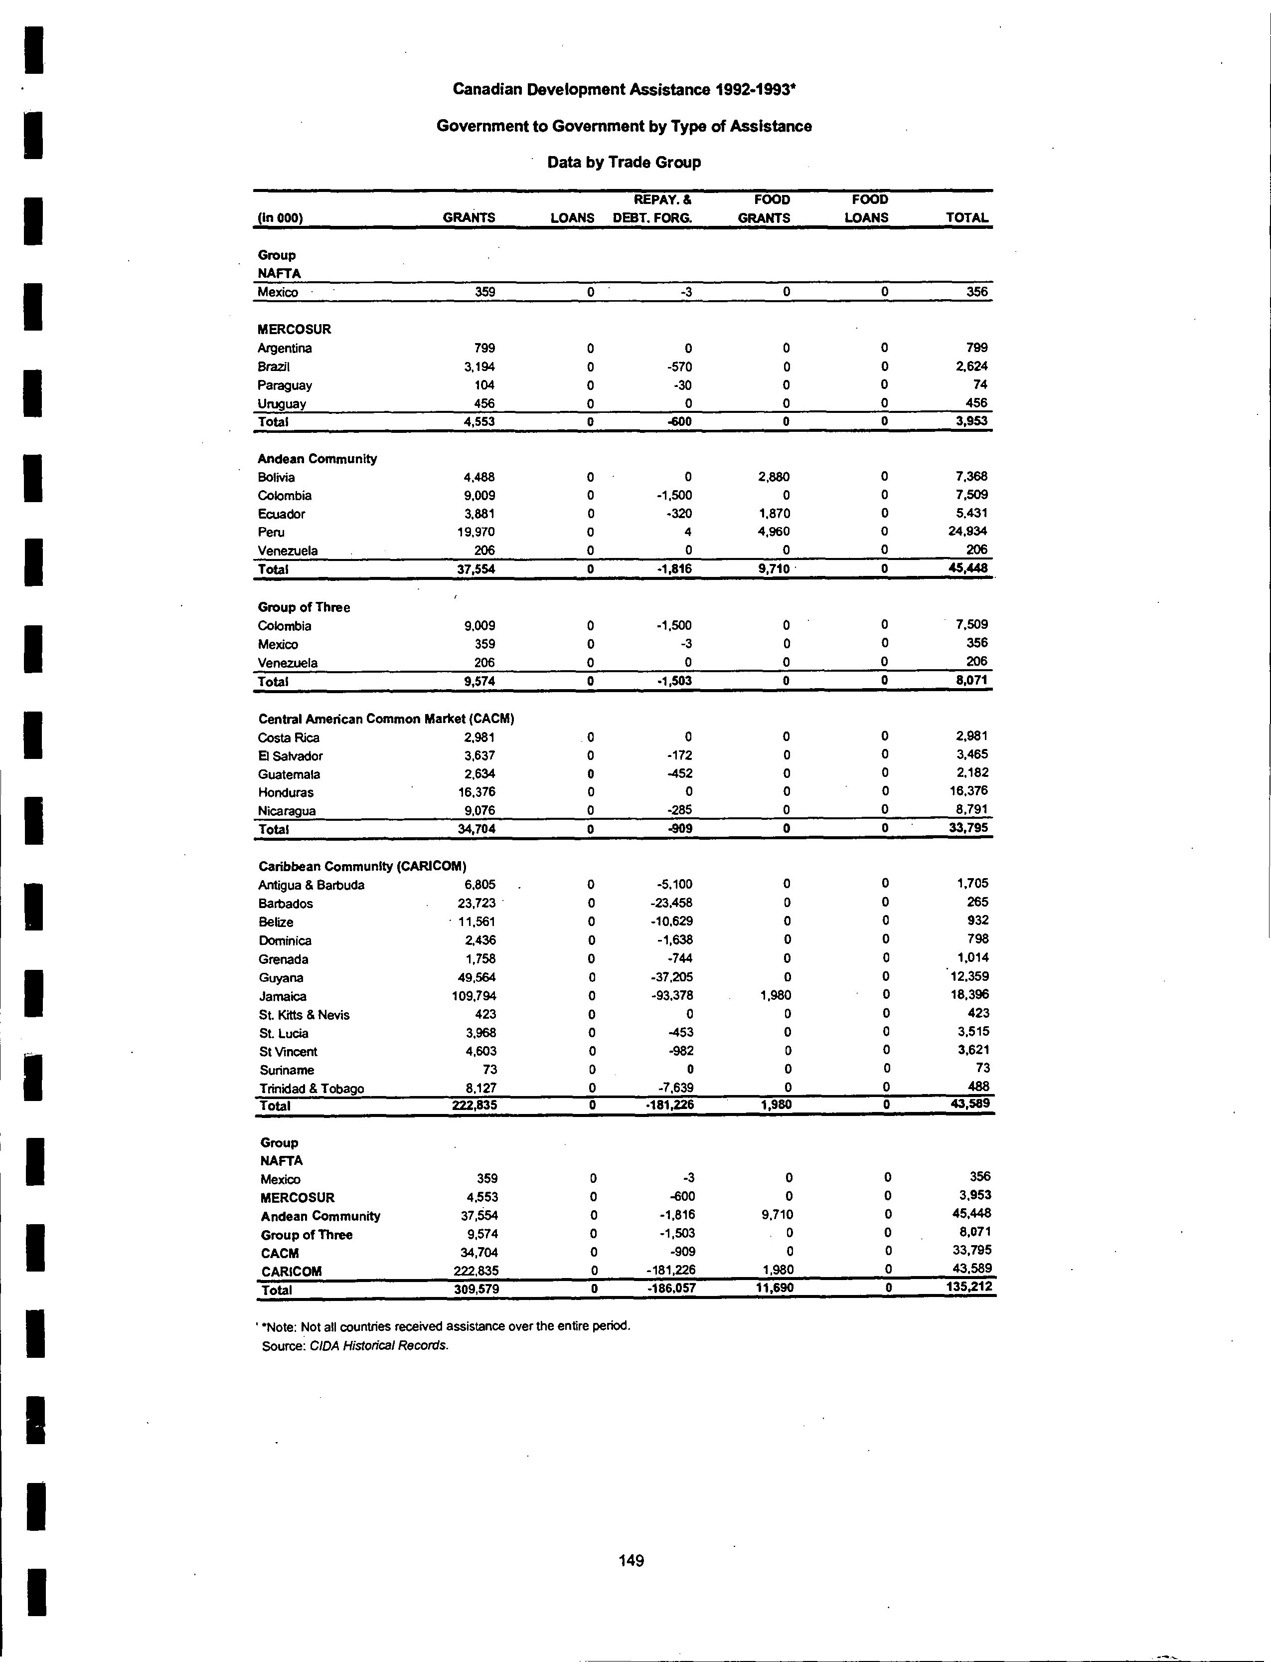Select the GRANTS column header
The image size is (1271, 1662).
pos(469,218)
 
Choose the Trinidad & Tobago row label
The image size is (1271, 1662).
pos(312,1089)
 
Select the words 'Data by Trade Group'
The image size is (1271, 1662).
pos(624,162)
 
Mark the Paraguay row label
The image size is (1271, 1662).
pos(285,385)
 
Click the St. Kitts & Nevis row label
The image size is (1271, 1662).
pos(304,1015)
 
